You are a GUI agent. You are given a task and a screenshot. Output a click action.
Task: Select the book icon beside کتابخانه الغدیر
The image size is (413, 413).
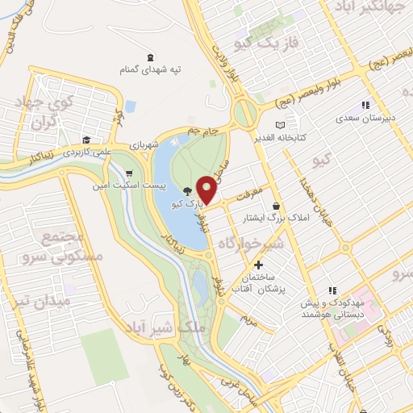[280, 125]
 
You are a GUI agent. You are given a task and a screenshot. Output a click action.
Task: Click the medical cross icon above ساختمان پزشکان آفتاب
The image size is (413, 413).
[258, 265]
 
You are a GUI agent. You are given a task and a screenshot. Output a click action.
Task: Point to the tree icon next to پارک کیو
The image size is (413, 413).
[187, 191]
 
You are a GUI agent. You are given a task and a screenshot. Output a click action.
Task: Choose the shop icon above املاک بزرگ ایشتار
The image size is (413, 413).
[277, 206]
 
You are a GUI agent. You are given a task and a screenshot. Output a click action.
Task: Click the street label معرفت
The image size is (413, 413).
[250, 194]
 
